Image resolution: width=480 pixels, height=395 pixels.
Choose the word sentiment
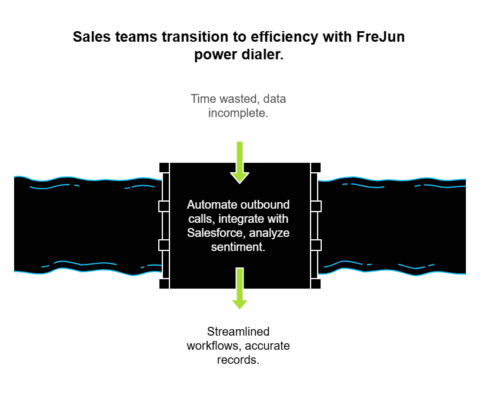pos(238,247)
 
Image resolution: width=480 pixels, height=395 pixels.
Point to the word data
pos(275,99)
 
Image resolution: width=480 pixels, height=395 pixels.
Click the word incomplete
pos(238,113)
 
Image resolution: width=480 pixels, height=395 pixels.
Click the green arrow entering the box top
pos(239,161)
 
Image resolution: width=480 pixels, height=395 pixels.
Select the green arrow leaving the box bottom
pos(239,288)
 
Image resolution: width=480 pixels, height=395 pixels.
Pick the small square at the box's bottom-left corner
pos(164,284)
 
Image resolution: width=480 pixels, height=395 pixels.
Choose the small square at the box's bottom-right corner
pos(316,284)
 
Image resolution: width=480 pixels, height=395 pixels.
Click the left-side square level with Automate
pos(164,206)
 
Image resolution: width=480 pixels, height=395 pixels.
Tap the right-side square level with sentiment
pos(316,245)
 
